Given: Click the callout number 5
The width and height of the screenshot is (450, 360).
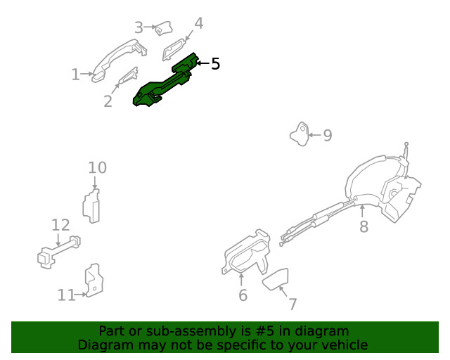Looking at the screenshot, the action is coord(216,63).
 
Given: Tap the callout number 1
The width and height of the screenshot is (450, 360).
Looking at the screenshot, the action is coord(75,74).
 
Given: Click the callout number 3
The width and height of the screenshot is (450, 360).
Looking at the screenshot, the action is coord(139,27).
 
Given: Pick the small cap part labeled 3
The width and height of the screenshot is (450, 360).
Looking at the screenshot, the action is coord(164,28).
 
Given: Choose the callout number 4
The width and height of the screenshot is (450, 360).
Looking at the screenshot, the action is coord(199,23).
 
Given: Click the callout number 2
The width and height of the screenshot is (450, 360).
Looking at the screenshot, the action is coord(108,101).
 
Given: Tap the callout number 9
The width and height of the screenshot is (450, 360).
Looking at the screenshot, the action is coord(328,135).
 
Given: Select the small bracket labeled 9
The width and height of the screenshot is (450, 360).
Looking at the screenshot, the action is coord(300,134).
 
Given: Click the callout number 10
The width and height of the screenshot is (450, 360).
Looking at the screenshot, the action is coord(97,167).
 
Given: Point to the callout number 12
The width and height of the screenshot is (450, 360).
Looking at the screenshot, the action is coord(60,225).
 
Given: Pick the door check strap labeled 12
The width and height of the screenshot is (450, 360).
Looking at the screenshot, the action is coord(59,252).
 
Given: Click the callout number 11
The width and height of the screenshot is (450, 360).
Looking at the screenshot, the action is coord(67,295).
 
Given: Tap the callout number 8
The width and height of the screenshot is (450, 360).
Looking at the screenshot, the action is coord(364,226).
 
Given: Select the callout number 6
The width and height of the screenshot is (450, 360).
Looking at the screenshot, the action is coord(243,295).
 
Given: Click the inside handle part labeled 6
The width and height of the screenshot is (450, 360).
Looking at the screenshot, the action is coord(246,252).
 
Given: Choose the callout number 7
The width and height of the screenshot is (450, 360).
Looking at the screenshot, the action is coord(292,304).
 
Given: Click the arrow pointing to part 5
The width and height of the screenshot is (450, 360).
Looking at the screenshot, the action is coord(202,63).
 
